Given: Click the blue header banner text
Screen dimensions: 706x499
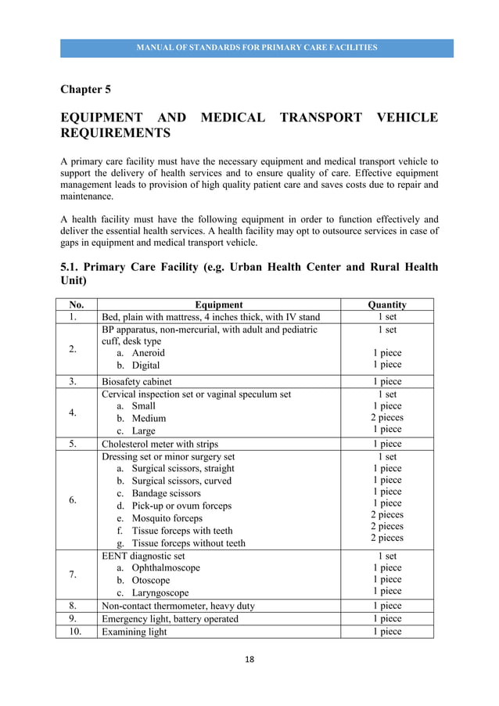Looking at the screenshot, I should [x=257, y=48].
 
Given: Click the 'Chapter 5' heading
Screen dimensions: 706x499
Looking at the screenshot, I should [x=86, y=88].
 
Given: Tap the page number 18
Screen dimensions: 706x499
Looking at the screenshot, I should [x=249, y=660].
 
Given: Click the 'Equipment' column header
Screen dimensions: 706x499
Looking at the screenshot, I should [x=219, y=304].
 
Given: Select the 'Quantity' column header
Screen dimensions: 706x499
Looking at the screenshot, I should [x=387, y=304].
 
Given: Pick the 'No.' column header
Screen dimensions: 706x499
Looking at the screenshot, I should [x=76, y=304].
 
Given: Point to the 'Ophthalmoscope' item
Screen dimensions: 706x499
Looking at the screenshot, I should [x=165, y=567].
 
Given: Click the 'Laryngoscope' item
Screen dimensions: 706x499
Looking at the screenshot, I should [x=160, y=593].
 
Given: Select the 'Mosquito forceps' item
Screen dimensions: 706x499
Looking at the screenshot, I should [x=167, y=518].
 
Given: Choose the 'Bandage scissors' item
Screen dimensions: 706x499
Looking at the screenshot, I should [x=166, y=493].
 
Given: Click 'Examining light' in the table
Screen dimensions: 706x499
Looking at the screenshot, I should [x=135, y=632].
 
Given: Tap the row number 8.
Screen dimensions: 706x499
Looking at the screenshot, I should [x=73, y=606].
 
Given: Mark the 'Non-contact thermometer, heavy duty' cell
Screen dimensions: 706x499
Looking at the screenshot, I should [x=178, y=606].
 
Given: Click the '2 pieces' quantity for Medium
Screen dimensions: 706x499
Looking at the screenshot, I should [x=387, y=418].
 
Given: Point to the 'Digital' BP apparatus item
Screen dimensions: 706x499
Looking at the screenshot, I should [x=145, y=366].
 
